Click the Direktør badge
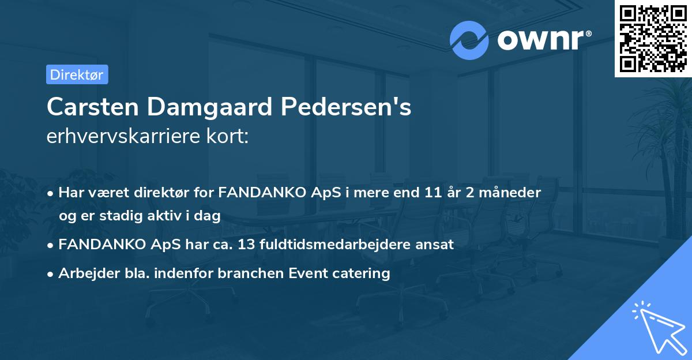click(x=77, y=74)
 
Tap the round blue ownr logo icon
click(x=469, y=40)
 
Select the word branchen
click(x=243, y=273)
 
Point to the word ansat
click(x=435, y=245)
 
